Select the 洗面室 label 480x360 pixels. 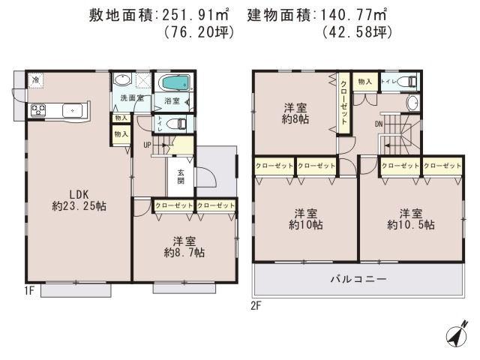123,99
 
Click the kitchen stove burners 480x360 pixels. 38,110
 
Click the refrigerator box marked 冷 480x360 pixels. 35,79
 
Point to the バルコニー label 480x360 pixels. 358,279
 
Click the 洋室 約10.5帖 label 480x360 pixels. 409,217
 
